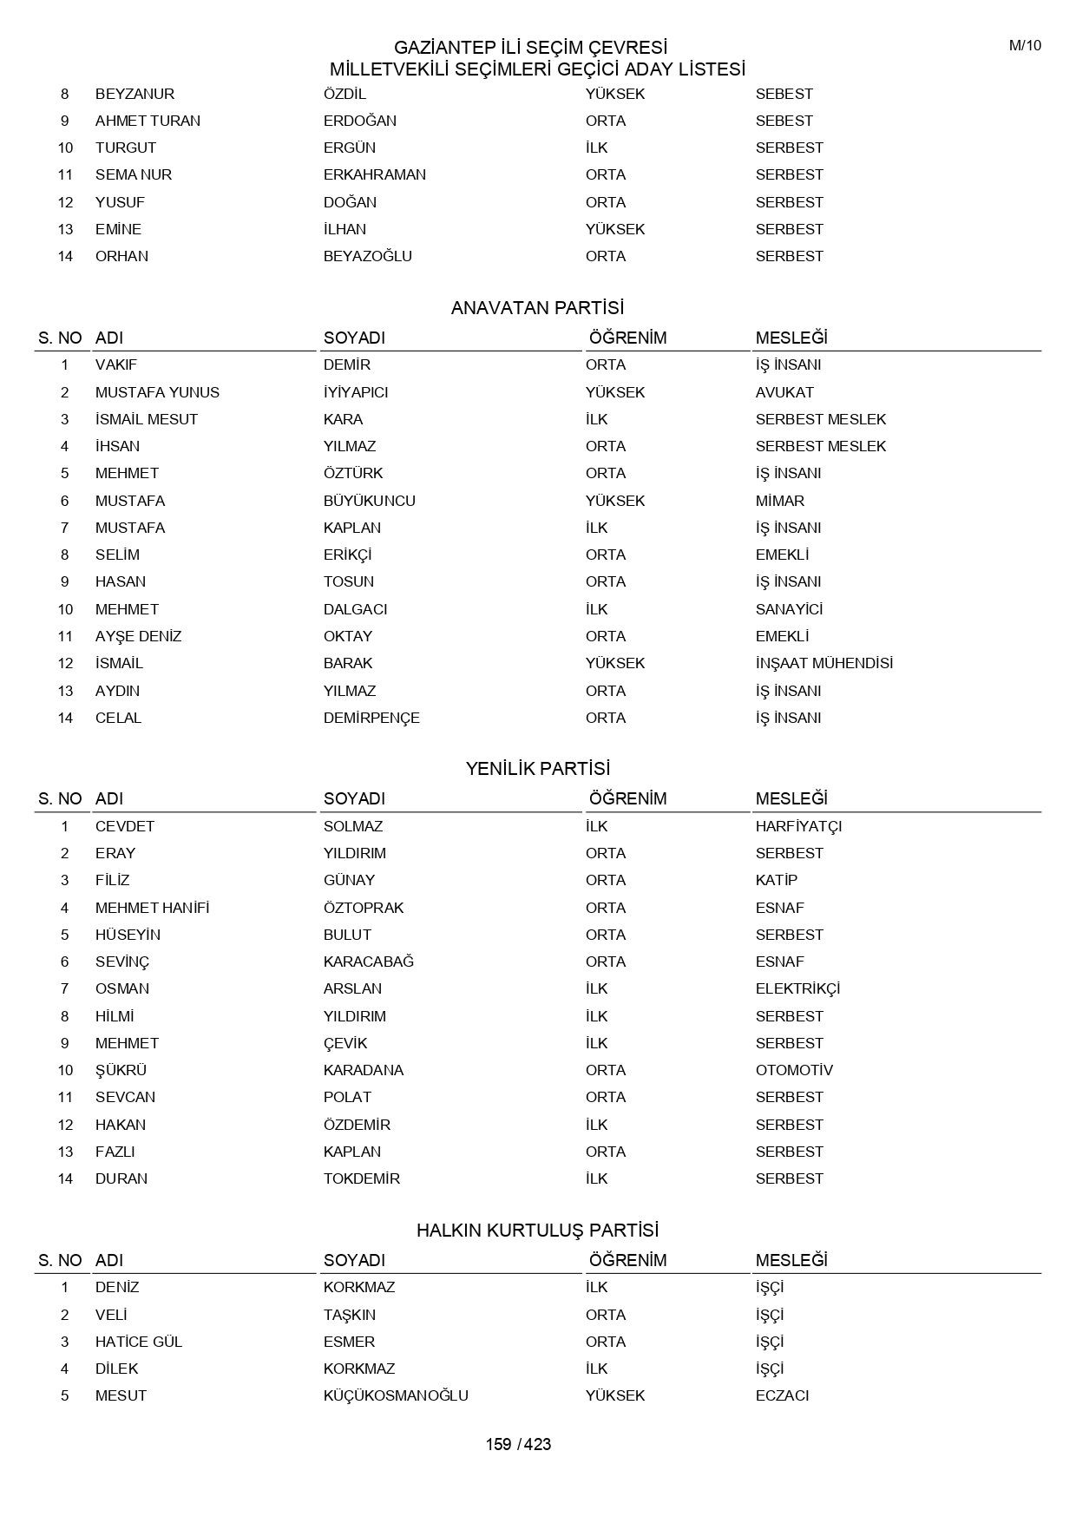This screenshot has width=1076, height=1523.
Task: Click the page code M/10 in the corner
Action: coord(1025,46)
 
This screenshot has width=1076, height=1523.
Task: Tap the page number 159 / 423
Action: coord(518,1444)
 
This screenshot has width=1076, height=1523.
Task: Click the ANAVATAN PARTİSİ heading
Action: coord(537,308)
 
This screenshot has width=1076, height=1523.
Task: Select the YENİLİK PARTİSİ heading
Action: coord(537,769)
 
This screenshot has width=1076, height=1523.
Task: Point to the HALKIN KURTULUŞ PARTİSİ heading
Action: coord(537,1231)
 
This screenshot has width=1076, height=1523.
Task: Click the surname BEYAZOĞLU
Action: coord(367,256)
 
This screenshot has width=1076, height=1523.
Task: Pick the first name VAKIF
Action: coord(116,364)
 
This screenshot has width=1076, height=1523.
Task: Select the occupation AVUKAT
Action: coord(784,392)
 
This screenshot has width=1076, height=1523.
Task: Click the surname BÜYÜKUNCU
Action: coord(369,501)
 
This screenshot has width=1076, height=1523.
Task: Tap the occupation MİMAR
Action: coord(779,501)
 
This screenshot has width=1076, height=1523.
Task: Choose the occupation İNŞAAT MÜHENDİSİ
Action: coord(823,663)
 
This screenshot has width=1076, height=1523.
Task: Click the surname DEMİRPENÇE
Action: coord(371,718)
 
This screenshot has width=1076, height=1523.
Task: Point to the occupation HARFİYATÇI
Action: coord(798,826)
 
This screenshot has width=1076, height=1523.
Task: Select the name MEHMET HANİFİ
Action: coord(152,908)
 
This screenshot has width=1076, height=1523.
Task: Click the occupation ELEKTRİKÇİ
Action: coord(797,988)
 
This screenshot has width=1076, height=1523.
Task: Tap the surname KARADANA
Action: coord(363,1070)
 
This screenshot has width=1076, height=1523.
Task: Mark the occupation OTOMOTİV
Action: coord(794,1070)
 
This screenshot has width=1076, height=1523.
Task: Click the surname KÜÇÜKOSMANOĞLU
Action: coord(396,1395)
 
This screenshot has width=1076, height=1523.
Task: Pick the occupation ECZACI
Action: coord(782,1395)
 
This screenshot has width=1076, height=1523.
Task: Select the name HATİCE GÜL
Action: coord(139,1342)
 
